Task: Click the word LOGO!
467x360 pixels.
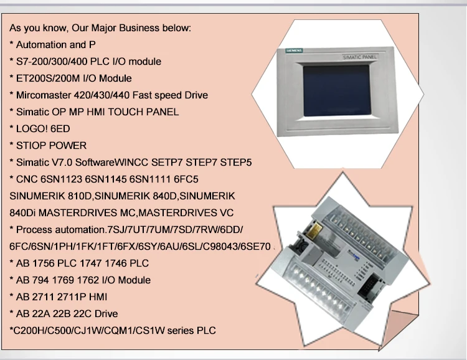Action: click(x=29, y=129)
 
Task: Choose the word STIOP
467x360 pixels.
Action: click(x=29, y=146)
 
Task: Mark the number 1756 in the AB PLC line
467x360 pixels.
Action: click(x=44, y=263)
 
